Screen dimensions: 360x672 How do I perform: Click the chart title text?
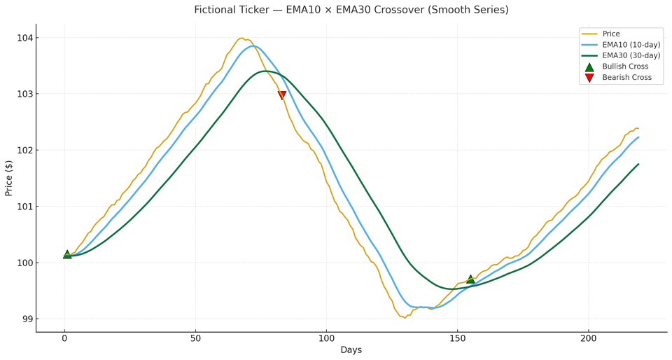pos(351,10)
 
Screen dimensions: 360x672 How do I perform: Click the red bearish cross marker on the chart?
pos(282,95)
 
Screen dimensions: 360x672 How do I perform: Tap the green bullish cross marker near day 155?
pos(470,279)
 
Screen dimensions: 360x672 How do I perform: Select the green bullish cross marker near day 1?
pos(67,254)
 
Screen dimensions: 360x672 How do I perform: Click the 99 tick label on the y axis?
pos(27,319)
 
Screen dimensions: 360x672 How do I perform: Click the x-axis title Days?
pos(351,350)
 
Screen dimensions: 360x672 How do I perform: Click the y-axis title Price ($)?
pos(9,178)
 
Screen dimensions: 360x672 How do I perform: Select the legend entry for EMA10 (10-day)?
pos(631,45)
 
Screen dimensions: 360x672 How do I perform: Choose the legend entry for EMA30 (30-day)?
pos(631,56)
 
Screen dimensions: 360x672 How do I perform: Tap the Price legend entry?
pos(610,34)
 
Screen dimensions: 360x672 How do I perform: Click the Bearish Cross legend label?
pos(626,78)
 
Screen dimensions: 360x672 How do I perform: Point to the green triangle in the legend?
pos(589,67)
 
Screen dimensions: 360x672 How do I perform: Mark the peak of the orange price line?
pos(241,39)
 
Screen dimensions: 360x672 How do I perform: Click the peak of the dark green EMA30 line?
pos(265,71)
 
